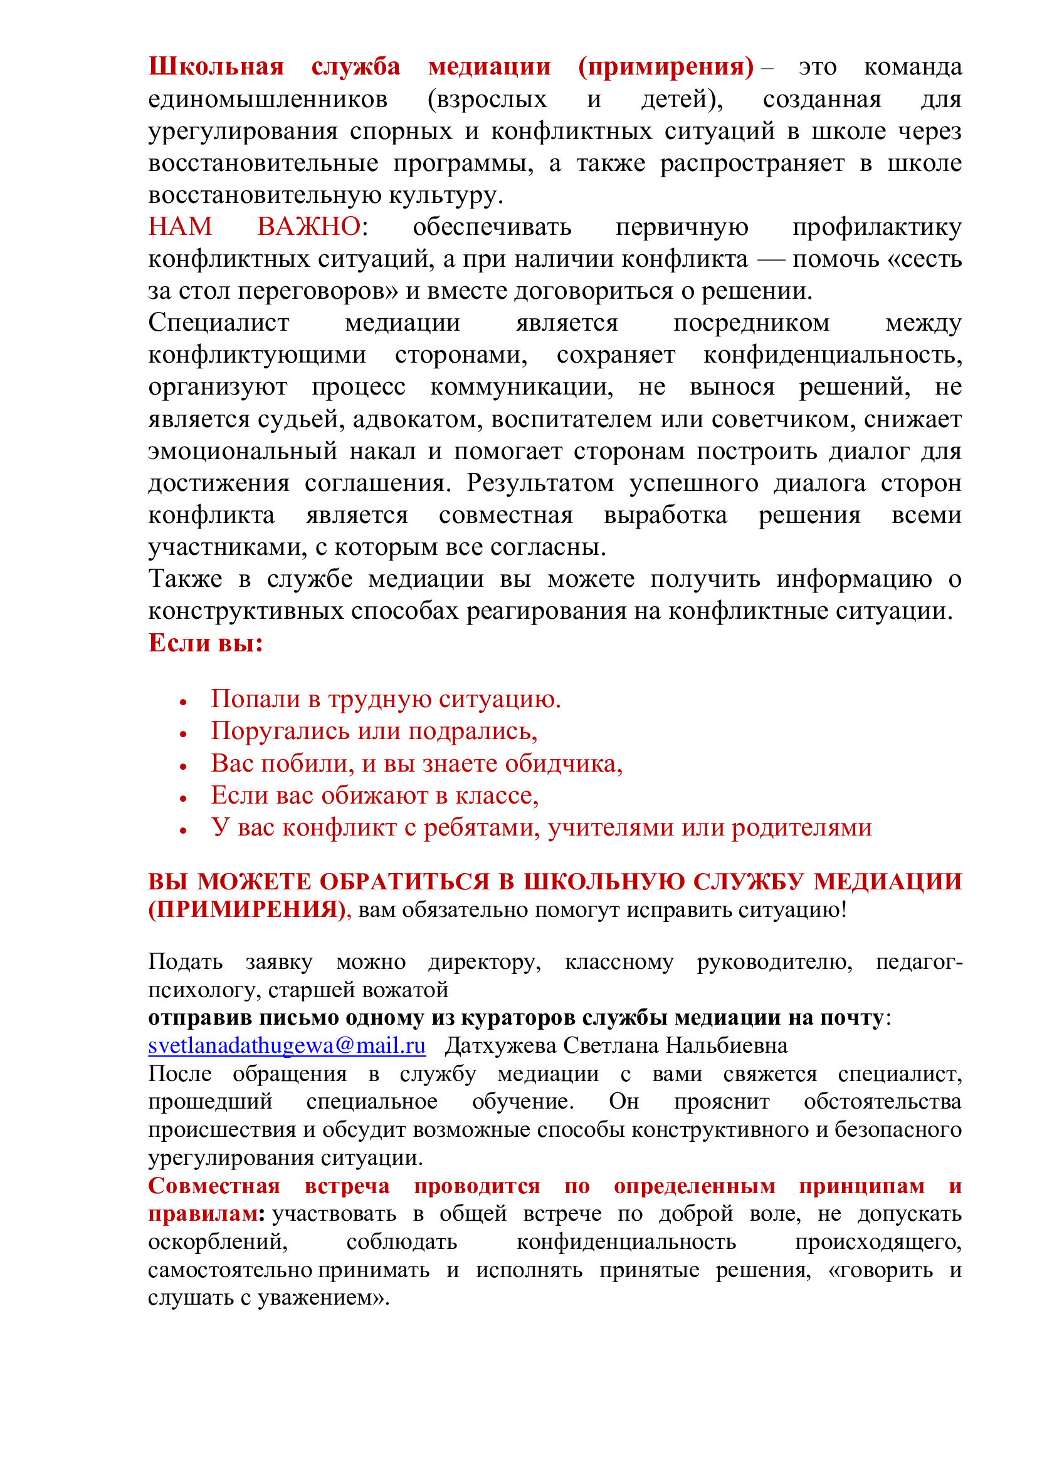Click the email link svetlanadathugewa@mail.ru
287,1045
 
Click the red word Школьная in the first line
216,66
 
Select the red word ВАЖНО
309,227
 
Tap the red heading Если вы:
206,643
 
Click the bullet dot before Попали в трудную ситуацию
183,703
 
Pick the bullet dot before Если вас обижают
183,798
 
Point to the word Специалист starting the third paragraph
218,323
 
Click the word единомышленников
268,99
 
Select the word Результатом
540,483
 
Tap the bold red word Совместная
214,1186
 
